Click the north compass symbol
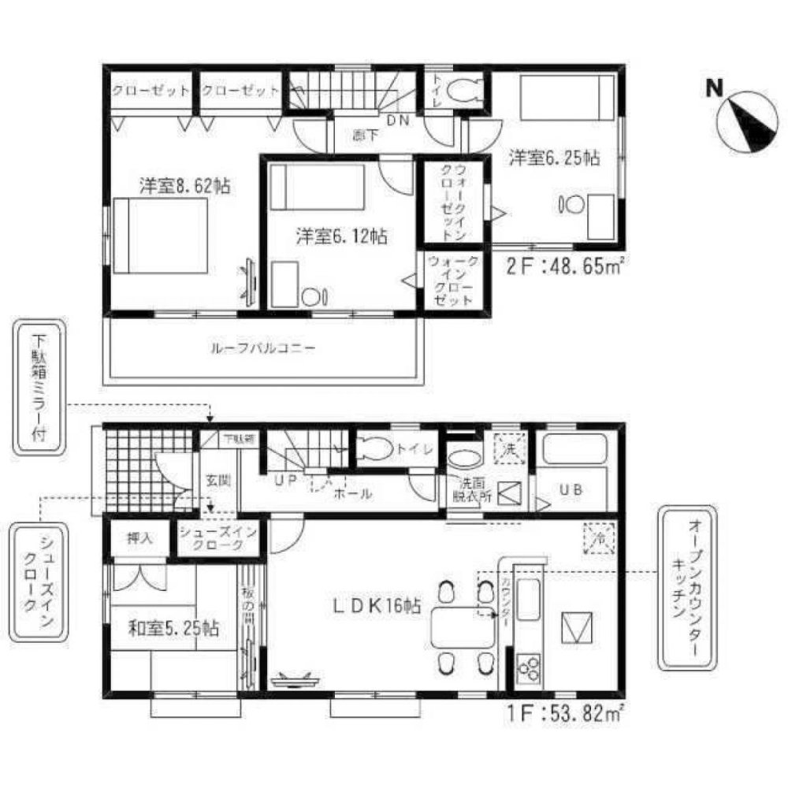click(745, 120)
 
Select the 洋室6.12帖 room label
click(341, 235)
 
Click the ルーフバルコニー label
click(262, 347)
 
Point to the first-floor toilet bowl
click(374, 448)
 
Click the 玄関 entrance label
click(217, 479)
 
